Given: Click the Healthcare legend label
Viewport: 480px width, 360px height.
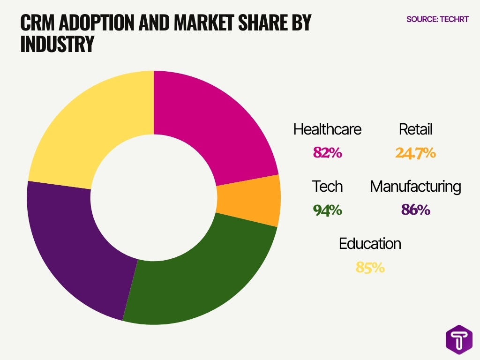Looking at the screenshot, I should pos(327,129).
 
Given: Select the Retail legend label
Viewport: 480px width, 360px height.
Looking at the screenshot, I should pos(415,129).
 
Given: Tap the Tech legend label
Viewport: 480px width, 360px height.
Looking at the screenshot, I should pos(327,187).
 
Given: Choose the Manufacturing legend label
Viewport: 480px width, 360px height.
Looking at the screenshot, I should pos(415,187).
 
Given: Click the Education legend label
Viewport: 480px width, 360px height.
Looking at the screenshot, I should pos(370,244).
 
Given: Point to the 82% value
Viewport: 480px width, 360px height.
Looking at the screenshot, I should pos(327,153).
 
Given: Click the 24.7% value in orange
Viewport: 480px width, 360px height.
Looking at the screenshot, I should pos(415,153).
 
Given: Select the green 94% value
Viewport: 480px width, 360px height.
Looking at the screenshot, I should pos(327,210).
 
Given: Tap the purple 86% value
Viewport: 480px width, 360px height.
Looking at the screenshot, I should pos(415,210).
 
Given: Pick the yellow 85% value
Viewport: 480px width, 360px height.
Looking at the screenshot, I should pos(370,268).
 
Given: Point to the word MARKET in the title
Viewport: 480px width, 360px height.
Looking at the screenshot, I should pos(196,22).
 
